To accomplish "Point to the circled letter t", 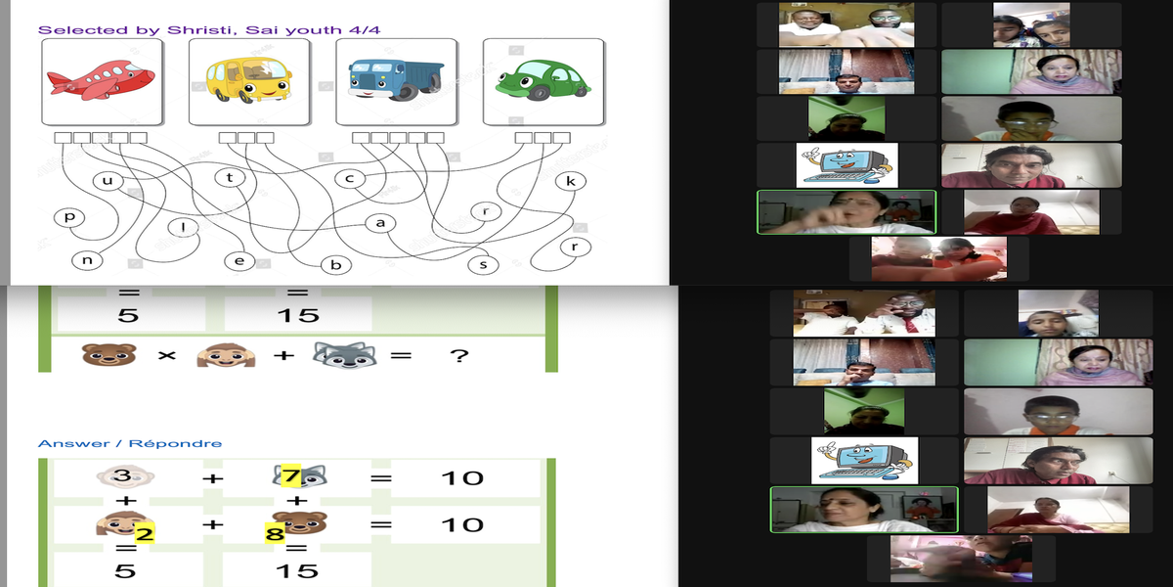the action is pos(230,177).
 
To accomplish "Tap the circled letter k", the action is pos(571,181).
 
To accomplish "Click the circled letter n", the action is pos(86,260).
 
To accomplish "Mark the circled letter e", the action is pos(239,261).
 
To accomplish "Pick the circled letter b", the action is pos(335,264).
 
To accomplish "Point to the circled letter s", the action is pos(482,264).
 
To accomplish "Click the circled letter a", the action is pos(380,223).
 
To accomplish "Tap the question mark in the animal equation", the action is pos(458,356).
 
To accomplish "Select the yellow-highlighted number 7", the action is pos(289,477).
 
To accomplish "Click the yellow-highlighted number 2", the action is pos(143,533).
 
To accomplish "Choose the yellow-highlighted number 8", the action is pos(275,533).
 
